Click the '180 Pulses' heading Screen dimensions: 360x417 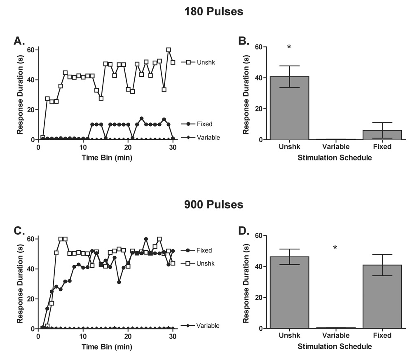213,12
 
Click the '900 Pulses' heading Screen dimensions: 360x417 213,205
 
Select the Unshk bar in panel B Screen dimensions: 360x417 289,108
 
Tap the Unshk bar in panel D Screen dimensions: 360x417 289,292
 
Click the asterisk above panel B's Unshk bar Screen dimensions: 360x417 289,47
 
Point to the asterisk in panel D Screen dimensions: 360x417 335,248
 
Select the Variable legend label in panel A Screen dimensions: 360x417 208,138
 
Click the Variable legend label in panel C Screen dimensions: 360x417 208,326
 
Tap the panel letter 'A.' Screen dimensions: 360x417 19,40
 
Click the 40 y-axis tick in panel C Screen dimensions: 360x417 31,269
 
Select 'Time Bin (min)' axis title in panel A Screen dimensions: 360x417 105,158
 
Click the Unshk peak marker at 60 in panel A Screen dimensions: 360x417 169,50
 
